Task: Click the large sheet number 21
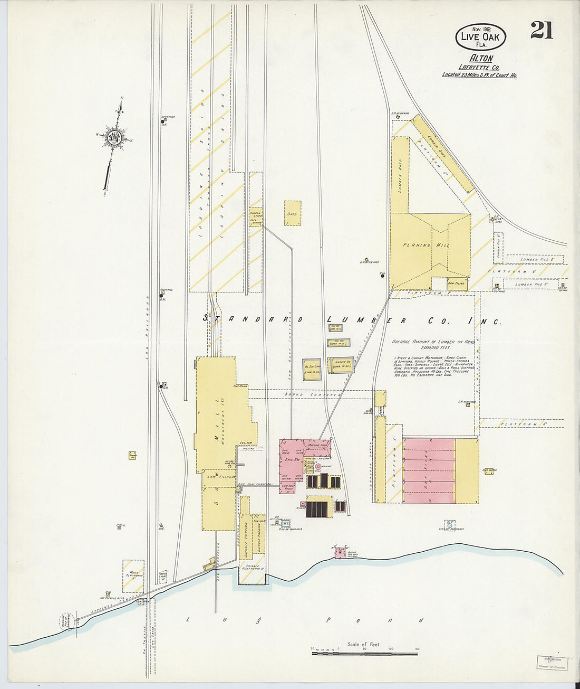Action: point(542,31)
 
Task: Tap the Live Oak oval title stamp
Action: point(480,36)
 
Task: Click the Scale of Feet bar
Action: point(364,653)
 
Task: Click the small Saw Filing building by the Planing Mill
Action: point(457,284)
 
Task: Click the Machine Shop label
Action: point(317,445)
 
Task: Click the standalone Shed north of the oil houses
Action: point(292,213)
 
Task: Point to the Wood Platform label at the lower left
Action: point(133,576)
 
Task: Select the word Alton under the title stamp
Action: point(480,59)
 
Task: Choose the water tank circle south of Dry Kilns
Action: point(450,524)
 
